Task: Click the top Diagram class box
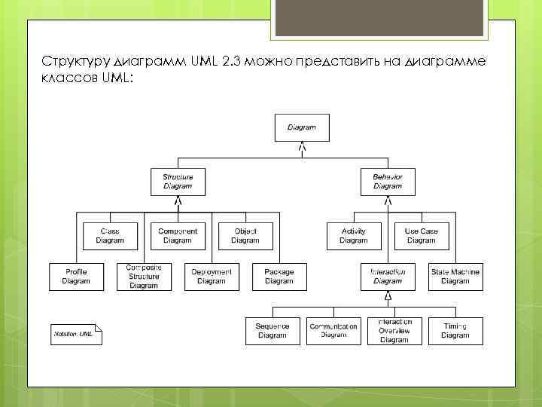pyautogui.click(x=302, y=127)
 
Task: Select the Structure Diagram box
pyautogui.click(x=178, y=182)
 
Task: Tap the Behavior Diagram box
pyautogui.click(x=388, y=182)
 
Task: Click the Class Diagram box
pyautogui.click(x=110, y=236)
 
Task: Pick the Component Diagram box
pyautogui.click(x=178, y=236)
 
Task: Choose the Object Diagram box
pyautogui.click(x=245, y=236)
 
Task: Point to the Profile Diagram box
pyautogui.click(x=76, y=277)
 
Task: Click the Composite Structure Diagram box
pyautogui.click(x=144, y=277)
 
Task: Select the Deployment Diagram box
pyautogui.click(x=211, y=277)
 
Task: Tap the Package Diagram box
pyautogui.click(x=279, y=277)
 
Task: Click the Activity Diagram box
pyautogui.click(x=354, y=236)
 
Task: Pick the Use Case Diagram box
pyautogui.click(x=422, y=236)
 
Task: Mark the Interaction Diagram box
pyautogui.click(x=388, y=277)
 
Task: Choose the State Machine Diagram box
pyautogui.click(x=455, y=277)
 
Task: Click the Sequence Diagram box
pyautogui.click(x=273, y=331)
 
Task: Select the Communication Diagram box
pyautogui.click(x=333, y=331)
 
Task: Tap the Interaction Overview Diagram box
pyautogui.click(x=394, y=331)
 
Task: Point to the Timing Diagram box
pyautogui.click(x=455, y=331)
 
